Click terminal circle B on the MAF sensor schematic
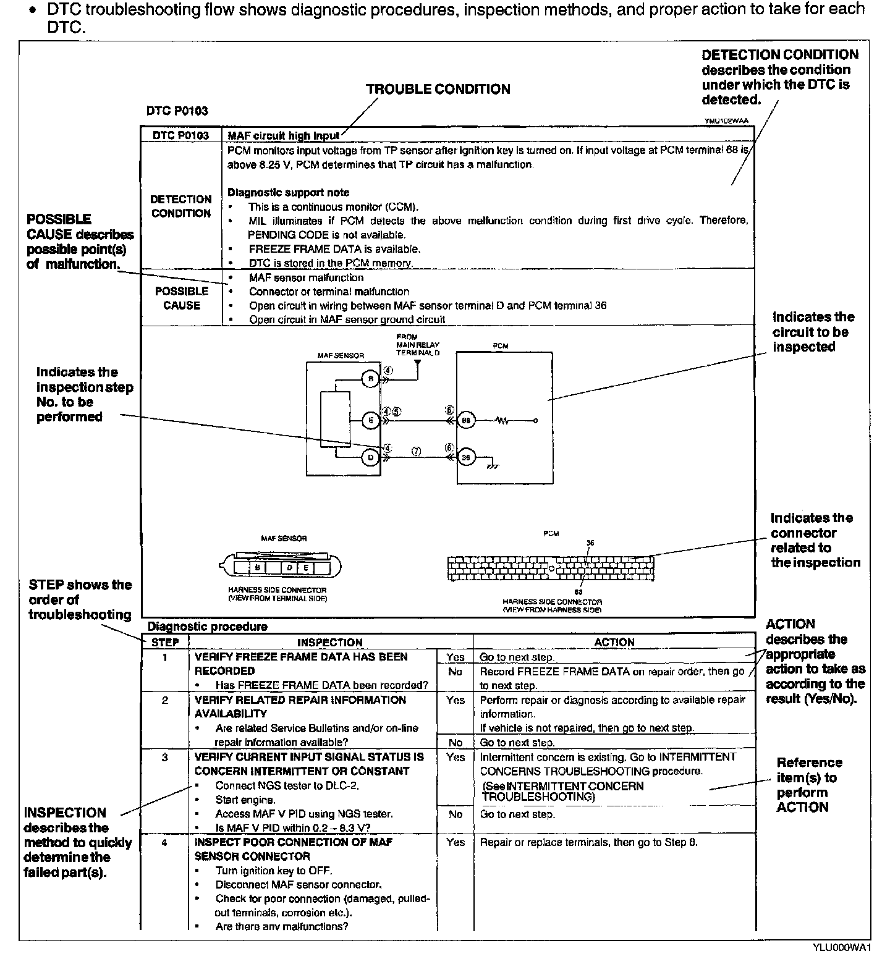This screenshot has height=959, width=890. coord(370,379)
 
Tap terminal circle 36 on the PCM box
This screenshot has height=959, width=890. coord(465,457)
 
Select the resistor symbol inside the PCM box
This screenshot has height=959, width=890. coord(501,421)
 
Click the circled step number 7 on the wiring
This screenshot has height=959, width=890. coord(417,452)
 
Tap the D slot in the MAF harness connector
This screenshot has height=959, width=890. coord(289,567)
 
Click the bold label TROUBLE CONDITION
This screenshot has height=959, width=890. coord(438,89)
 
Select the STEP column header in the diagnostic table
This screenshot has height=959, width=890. coord(165,642)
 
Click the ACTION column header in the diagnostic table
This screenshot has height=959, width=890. coord(614,642)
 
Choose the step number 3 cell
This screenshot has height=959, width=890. coord(165,757)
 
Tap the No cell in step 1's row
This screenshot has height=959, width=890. coord(455,672)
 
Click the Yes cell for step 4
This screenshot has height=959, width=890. coord(455,842)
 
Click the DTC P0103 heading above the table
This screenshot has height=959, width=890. coord(177,111)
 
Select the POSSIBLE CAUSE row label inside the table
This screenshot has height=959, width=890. coord(181,298)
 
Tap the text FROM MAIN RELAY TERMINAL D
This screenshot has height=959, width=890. coord(418,345)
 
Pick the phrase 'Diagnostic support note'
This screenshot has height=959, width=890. coord(288,193)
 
